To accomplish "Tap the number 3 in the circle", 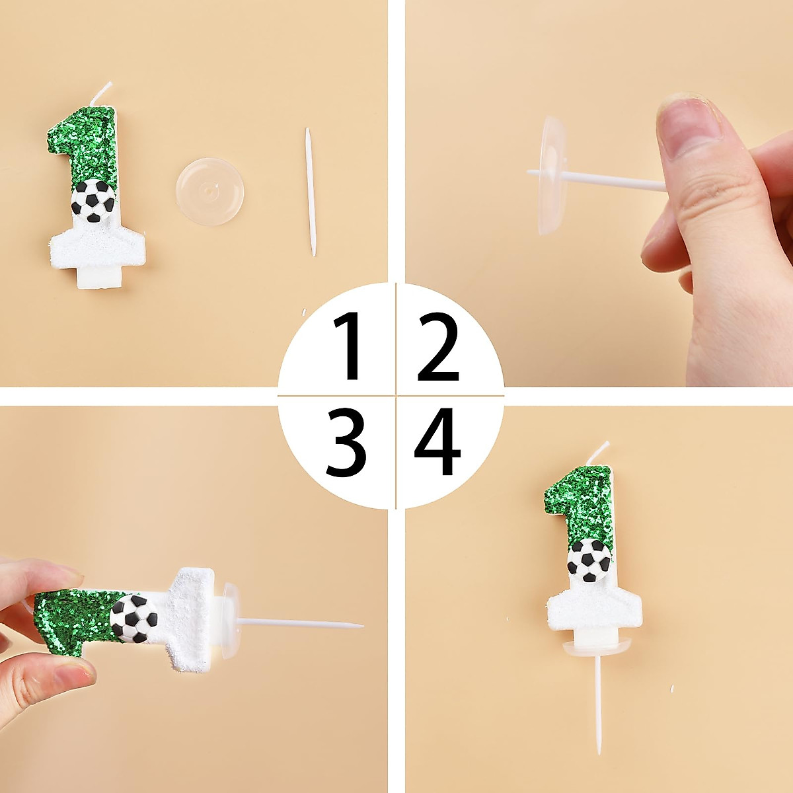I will (346, 443).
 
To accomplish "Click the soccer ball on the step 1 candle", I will (93, 200).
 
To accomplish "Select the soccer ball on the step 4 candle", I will (589, 560).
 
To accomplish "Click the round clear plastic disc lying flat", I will (209, 191).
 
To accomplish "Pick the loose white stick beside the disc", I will (309, 192).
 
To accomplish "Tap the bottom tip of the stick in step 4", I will (599, 749).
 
